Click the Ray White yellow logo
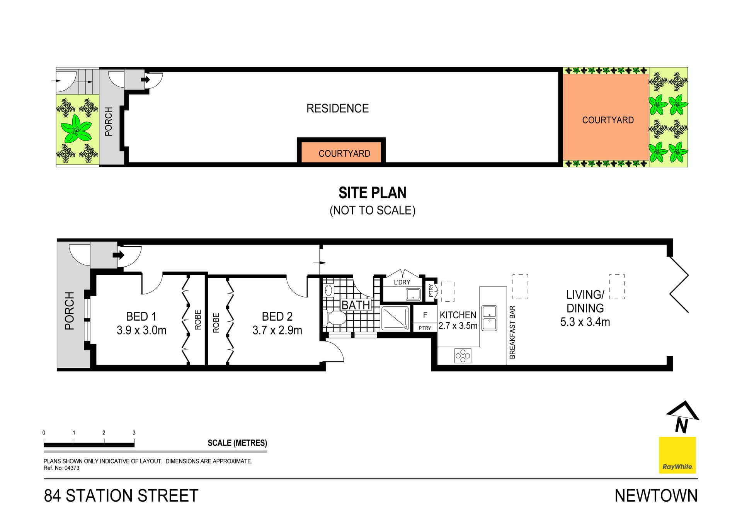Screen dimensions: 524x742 tap(677, 455)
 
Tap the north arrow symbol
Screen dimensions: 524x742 tap(682, 417)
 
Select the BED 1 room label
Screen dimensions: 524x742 tap(141, 316)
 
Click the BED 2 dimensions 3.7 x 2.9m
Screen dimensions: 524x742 tap(277, 330)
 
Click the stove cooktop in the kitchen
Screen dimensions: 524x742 tap(463, 356)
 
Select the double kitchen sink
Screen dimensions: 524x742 tap(489, 318)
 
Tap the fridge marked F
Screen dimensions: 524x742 tap(425, 315)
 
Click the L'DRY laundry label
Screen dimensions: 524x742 tap(402, 282)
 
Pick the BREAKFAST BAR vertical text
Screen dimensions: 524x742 tap(512, 332)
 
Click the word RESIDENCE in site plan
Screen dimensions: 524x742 tap(337, 108)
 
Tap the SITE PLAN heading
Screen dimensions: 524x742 tap(372, 193)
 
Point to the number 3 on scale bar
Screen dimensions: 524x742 tap(134, 433)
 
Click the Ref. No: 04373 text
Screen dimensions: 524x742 tap(61, 468)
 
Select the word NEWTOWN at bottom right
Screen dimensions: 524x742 tap(656, 496)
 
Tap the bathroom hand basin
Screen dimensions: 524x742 tap(328, 290)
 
